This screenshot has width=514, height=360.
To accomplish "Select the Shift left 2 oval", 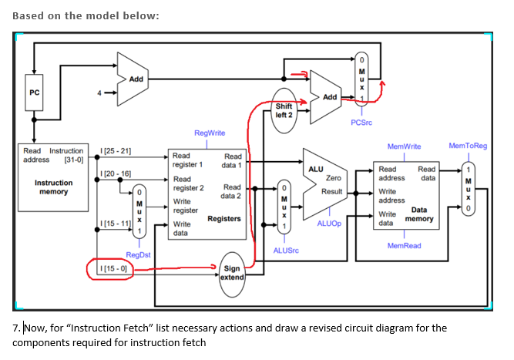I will (284, 110).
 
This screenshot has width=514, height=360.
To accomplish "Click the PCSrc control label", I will (361, 123).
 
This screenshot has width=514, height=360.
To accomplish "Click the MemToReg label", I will (468, 146).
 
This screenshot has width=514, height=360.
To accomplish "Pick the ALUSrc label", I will (285, 250).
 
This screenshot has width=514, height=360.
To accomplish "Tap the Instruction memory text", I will (54, 187).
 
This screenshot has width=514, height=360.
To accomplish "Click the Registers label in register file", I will (224, 219).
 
